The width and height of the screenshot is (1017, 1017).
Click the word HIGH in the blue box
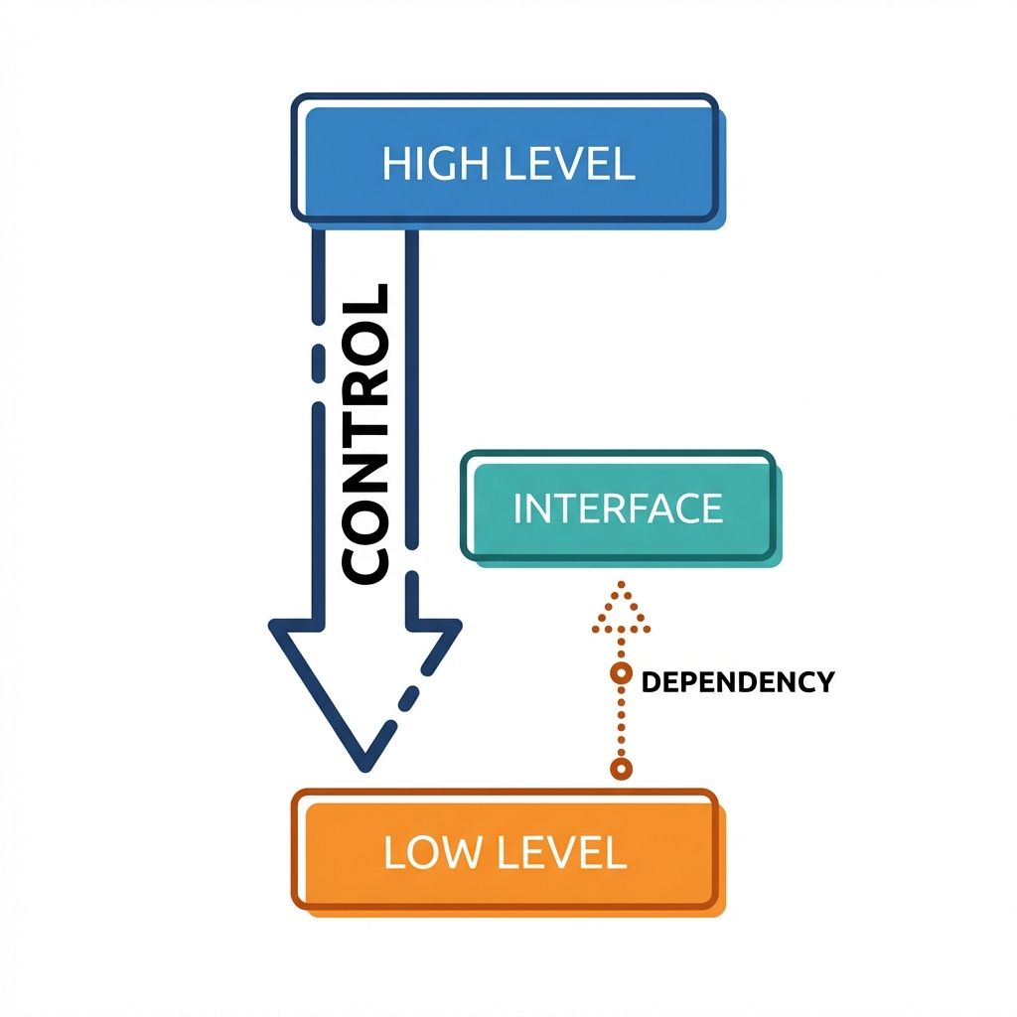click(427, 163)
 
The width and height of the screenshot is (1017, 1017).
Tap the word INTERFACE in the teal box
click(618, 508)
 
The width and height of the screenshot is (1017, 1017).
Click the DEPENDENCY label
click(737, 682)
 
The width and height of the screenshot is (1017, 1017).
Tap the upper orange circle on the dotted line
click(621, 674)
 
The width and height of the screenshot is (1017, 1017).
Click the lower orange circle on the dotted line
click(621, 768)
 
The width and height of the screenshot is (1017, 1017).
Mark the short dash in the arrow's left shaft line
click(318, 362)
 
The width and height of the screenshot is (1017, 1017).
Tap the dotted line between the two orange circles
click(621, 722)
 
